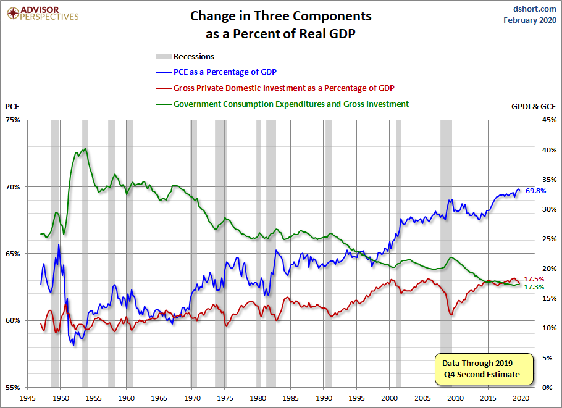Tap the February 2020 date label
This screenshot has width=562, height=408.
tap(530, 20)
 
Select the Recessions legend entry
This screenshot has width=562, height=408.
tap(194, 56)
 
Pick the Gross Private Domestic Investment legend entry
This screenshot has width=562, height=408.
tap(284, 88)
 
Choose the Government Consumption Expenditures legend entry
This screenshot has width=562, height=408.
tap(291, 104)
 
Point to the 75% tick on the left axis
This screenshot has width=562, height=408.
tap(14, 120)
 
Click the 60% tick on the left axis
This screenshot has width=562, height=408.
tap(14, 320)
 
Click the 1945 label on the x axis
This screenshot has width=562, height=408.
tap(28, 398)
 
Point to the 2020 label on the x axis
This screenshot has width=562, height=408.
tap(521, 398)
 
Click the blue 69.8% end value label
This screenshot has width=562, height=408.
tap(535, 191)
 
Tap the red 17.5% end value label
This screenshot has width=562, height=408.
tap(534, 280)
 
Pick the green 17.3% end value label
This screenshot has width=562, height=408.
tap(534, 288)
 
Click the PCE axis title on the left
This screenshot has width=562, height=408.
tap(12, 107)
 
